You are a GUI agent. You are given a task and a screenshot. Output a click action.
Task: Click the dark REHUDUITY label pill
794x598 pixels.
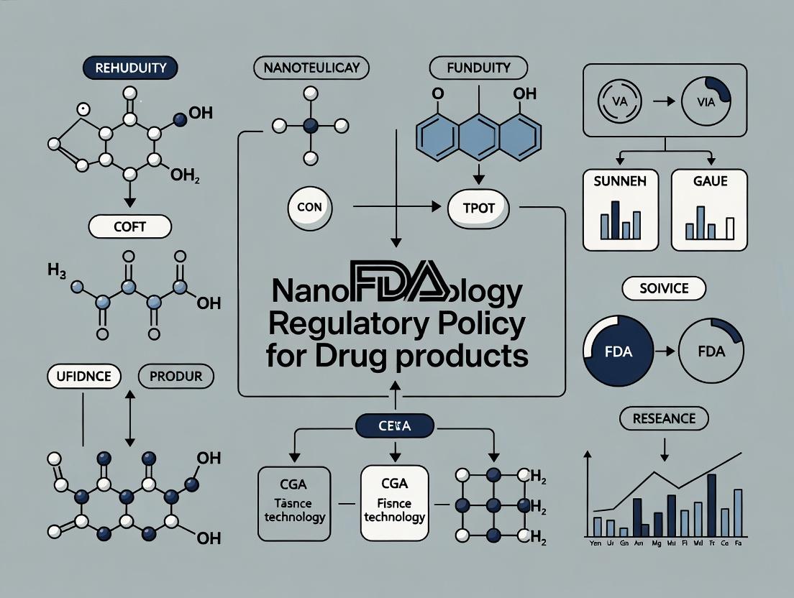[x=131, y=68]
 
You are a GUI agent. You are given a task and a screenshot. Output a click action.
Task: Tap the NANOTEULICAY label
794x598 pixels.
[x=311, y=68]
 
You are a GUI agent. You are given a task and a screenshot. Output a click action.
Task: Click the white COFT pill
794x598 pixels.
[x=129, y=226]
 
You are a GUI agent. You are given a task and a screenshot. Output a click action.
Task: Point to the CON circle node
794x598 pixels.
[x=309, y=206]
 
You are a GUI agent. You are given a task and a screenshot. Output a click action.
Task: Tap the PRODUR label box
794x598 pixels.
[x=174, y=376]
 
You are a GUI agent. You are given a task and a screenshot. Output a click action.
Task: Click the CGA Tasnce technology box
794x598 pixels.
[x=294, y=502]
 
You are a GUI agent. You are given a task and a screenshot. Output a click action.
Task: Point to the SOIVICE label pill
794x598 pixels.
[x=664, y=289]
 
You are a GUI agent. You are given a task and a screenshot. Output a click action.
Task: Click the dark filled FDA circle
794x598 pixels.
[x=618, y=351]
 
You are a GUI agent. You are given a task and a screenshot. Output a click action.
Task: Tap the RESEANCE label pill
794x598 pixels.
[x=663, y=417]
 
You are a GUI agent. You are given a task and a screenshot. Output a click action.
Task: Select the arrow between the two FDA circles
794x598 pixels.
[x=664, y=351]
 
